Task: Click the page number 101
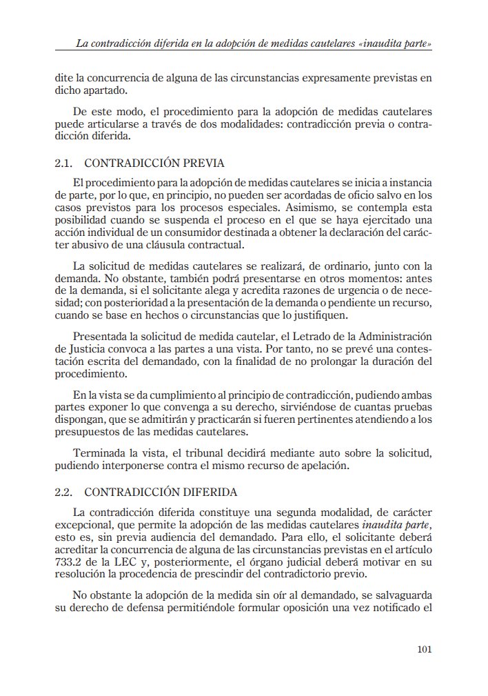click(x=425, y=649)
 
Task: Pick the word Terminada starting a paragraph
click(x=99, y=452)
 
